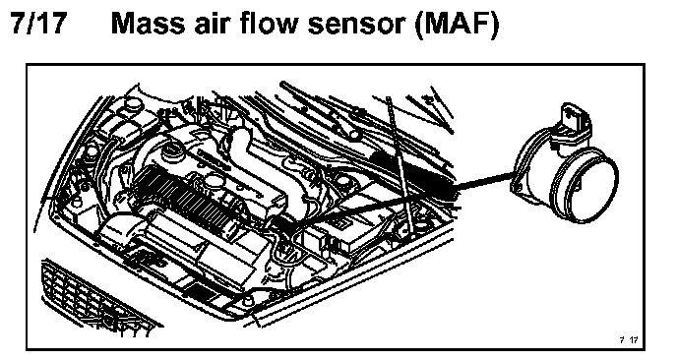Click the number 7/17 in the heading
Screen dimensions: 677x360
[39, 23]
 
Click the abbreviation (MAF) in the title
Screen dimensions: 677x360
[456, 25]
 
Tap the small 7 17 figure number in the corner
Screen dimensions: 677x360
[628, 339]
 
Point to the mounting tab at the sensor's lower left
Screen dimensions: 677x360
[517, 186]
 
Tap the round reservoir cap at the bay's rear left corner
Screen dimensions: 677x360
[133, 103]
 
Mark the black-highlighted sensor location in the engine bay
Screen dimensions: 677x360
[283, 223]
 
